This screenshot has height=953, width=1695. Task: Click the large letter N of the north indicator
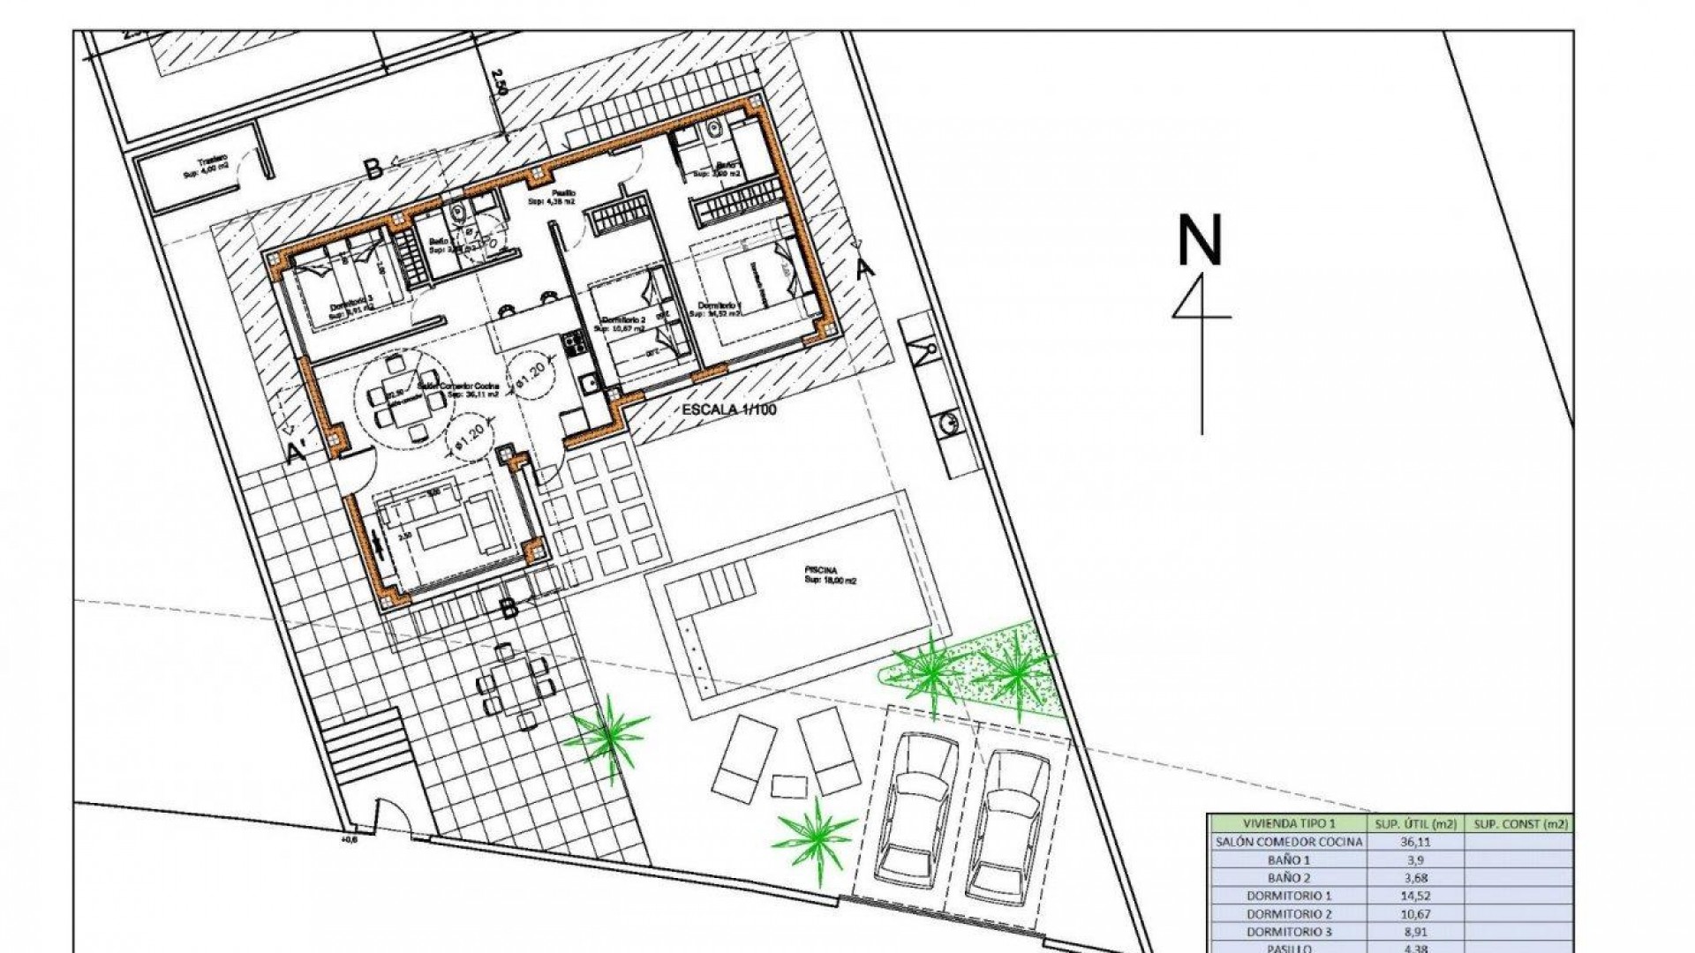click(1200, 240)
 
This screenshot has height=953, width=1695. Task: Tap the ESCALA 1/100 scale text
click(728, 410)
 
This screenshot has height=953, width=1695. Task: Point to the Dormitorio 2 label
click(625, 321)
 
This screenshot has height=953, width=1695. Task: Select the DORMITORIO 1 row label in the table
click(1290, 896)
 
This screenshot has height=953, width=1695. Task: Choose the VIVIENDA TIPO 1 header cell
click(1290, 823)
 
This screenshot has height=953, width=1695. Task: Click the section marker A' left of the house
click(298, 452)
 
